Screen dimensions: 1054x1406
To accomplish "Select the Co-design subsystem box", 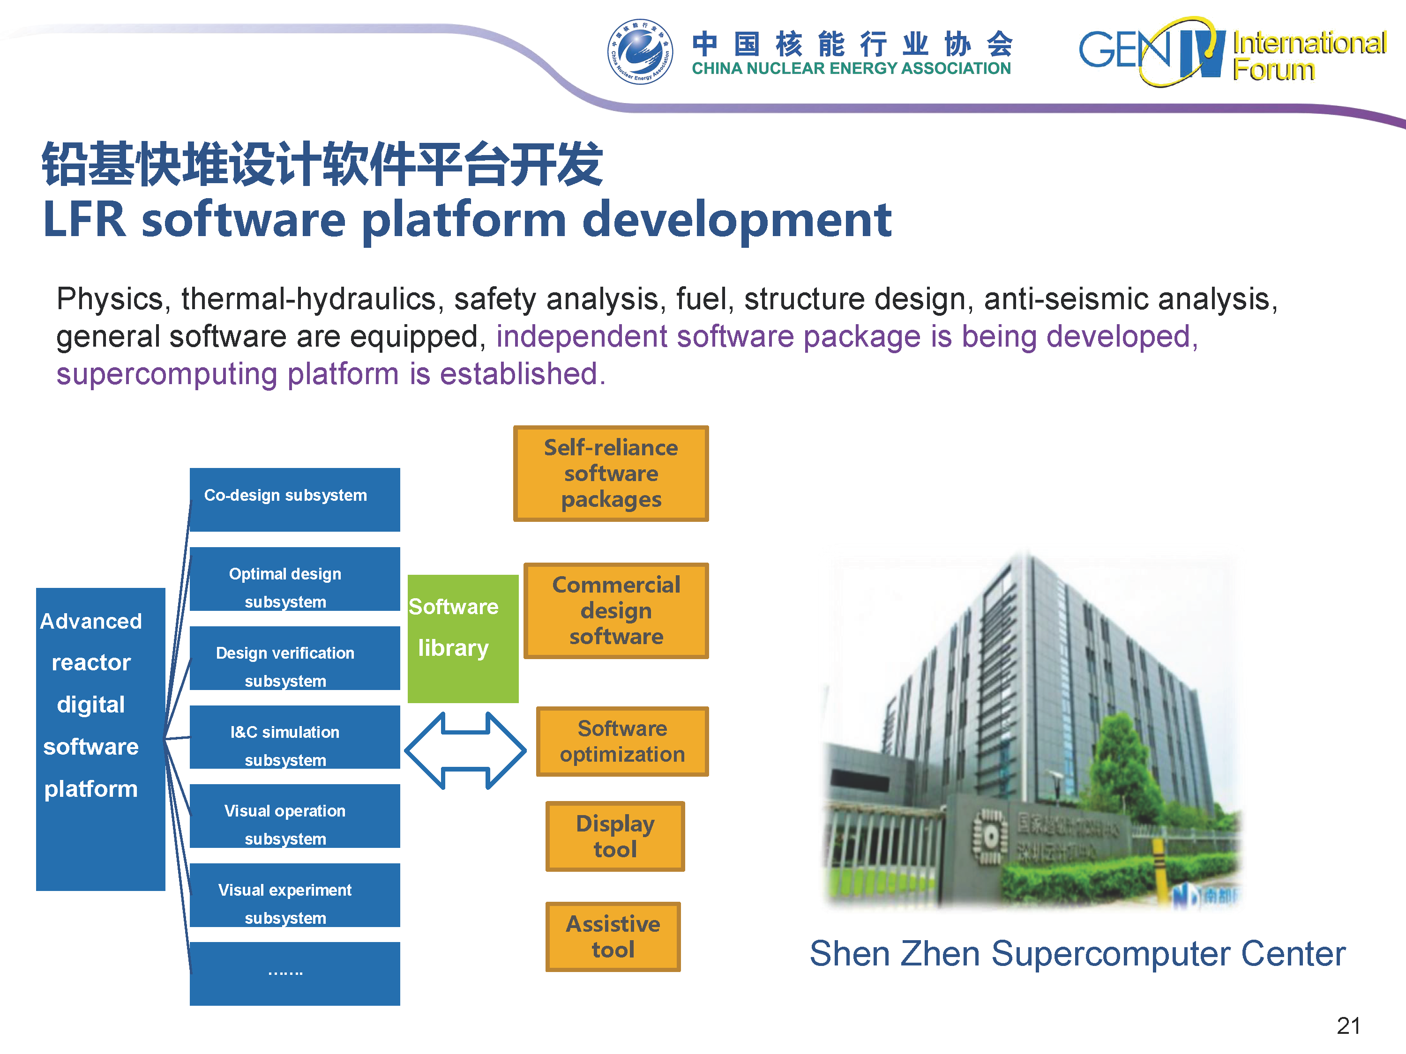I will (295, 499).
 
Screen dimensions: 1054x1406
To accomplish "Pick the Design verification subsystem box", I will (295, 658).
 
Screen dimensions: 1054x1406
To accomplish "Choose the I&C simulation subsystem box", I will (295, 737).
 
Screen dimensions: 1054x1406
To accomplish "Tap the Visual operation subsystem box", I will (295, 816).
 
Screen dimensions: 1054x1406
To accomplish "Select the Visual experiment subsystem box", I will (295, 895).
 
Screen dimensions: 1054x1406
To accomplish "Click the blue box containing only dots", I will (295, 973).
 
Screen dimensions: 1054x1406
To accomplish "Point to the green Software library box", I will (463, 638).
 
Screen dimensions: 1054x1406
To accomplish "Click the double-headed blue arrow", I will (465, 750).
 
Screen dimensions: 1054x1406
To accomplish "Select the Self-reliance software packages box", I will (611, 473).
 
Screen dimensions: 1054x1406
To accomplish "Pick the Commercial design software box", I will (616, 610).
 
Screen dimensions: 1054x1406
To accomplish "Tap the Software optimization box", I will (622, 742).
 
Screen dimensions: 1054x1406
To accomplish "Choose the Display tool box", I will (614, 836).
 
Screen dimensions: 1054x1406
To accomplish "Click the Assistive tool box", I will (613, 936).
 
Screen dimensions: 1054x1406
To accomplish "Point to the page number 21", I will (1348, 1025).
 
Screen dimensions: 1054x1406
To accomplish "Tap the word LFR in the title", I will (84, 220).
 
